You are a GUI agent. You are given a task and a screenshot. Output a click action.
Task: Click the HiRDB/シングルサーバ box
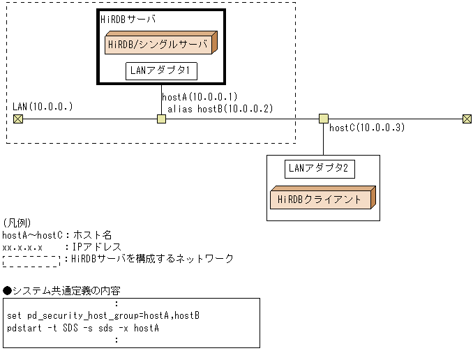pyautogui.click(x=160, y=44)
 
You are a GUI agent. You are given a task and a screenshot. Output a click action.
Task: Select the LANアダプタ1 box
pyautogui.click(x=160, y=70)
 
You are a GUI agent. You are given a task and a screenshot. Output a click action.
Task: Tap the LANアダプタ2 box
pyautogui.click(x=321, y=167)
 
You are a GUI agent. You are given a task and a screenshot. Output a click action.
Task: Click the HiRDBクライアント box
pyautogui.click(x=322, y=200)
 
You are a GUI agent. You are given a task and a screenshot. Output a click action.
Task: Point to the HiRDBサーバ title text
pyautogui.click(x=128, y=20)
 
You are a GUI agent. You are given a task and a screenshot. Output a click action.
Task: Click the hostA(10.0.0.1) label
pyautogui.click(x=200, y=97)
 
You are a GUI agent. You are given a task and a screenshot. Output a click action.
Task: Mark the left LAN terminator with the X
pyautogui.click(x=18, y=119)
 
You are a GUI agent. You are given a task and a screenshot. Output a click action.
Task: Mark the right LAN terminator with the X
pyautogui.click(x=467, y=119)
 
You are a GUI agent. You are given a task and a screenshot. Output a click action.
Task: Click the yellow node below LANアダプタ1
pyautogui.click(x=161, y=119)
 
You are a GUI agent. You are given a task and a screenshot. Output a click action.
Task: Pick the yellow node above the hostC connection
pyautogui.click(x=323, y=119)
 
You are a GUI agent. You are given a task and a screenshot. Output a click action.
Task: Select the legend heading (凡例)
pyautogui.click(x=17, y=223)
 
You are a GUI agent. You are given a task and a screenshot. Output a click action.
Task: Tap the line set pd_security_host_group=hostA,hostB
pyautogui.click(x=103, y=315)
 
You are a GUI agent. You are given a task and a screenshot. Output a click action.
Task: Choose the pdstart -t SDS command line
pyautogui.click(x=82, y=327)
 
